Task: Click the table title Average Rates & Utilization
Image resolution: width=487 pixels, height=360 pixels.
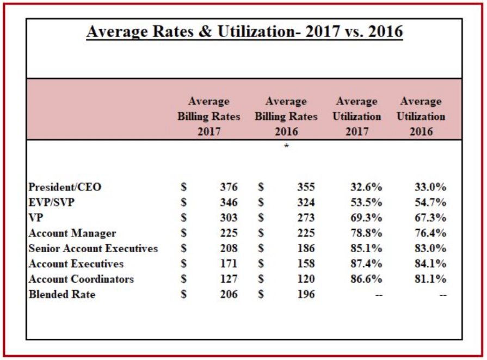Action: [x=244, y=32]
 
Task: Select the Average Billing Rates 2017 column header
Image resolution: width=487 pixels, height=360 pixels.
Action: [x=208, y=117]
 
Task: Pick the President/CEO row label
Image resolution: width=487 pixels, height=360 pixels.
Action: [x=65, y=187]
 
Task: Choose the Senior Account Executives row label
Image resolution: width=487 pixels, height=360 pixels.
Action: [x=93, y=249]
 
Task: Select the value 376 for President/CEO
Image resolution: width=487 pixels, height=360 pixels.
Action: [x=229, y=187]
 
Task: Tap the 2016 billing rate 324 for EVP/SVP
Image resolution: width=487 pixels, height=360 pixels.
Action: [x=306, y=203]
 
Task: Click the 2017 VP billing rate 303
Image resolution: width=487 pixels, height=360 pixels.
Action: [x=229, y=218]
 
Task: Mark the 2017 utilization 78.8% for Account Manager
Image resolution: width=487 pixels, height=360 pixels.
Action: [x=366, y=234]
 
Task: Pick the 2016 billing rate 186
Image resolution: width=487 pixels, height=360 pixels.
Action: [x=306, y=249]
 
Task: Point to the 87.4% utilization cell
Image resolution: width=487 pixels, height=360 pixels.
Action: [x=366, y=264]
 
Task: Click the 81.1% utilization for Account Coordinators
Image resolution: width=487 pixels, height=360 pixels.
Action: [x=430, y=279]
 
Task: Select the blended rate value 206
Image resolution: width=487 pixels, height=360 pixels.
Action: [x=229, y=295]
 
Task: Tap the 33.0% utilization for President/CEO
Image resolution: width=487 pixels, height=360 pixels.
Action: [x=430, y=187]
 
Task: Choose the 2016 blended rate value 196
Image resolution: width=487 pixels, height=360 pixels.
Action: [x=306, y=295]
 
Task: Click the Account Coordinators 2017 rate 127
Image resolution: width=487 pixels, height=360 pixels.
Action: [x=229, y=279]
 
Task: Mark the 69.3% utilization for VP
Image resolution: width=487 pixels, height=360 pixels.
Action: [x=366, y=218]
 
